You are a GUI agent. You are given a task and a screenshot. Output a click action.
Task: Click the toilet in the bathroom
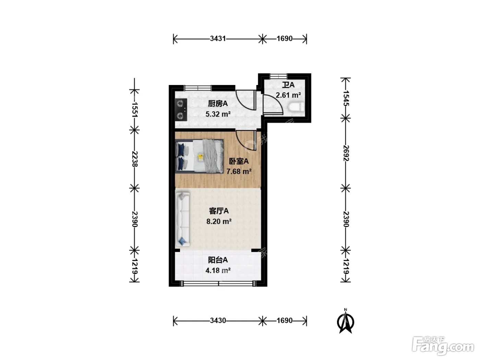296,107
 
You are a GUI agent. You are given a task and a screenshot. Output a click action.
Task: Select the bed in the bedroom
200,156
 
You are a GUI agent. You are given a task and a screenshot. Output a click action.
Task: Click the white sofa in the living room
182,219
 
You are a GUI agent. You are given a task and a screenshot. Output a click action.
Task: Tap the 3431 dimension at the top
218,39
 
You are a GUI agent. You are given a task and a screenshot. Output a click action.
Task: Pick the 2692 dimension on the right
346,153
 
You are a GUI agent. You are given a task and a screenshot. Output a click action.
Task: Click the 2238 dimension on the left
135,159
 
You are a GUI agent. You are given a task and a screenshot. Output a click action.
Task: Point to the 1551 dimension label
135,109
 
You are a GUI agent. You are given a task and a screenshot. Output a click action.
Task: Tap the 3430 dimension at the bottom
218,321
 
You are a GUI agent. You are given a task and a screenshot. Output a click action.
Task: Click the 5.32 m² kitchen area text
218,114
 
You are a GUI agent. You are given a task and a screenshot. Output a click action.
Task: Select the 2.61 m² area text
288,95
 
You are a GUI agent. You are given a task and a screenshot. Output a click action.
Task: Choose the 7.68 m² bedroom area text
239,171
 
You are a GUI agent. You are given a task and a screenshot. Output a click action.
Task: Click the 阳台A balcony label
218,260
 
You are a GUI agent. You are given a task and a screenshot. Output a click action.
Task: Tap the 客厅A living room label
219,211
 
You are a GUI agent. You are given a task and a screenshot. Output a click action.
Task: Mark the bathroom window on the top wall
278,76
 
